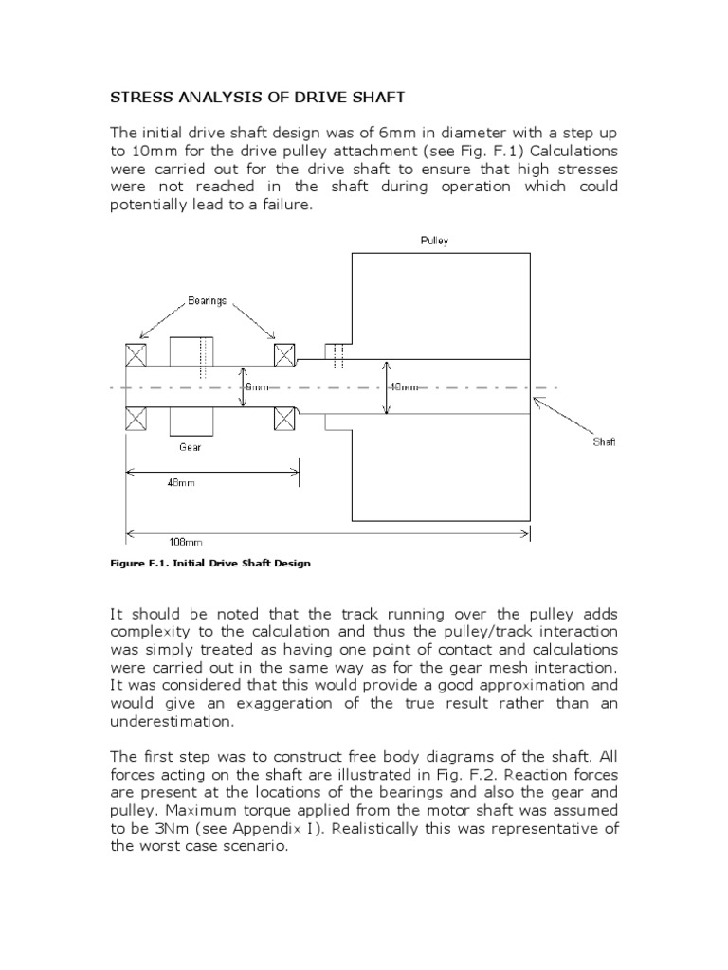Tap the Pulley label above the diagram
point(434,242)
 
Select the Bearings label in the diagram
point(207,300)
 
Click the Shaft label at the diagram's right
point(604,442)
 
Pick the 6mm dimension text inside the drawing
point(258,387)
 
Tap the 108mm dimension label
point(186,543)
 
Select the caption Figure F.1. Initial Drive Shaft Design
point(210,563)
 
